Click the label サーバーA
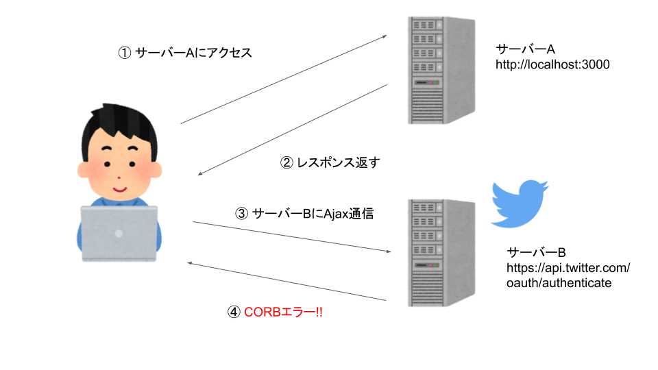coord(525,50)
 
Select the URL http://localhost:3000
coord(552,65)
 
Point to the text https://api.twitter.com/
coord(568,267)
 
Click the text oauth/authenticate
coord(559,282)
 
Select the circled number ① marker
coord(125,53)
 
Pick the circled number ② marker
coord(287,162)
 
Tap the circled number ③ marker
coord(241,213)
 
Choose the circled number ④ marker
coord(234,312)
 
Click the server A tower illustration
coord(441,70)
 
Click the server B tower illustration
coord(441,253)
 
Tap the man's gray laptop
coord(119,233)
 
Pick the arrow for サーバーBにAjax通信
coord(290,236)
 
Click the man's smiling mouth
coord(120,186)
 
